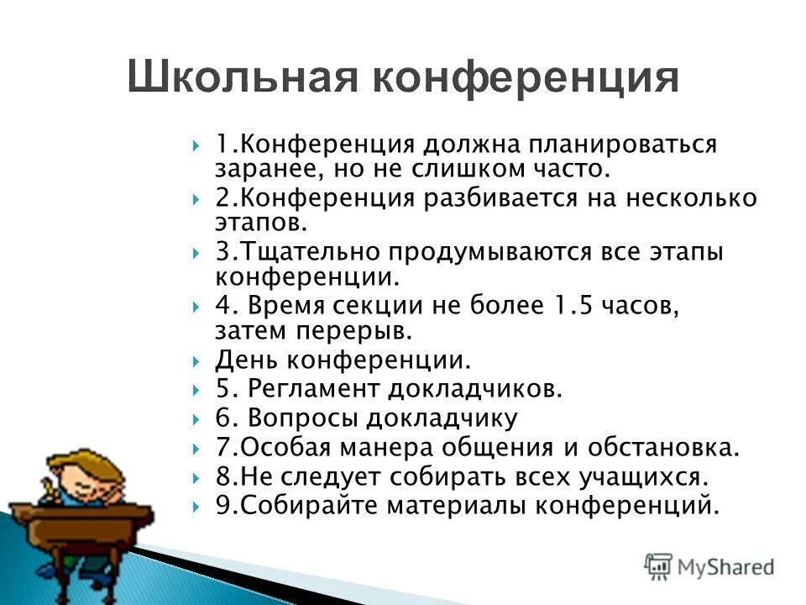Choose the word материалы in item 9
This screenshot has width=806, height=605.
(x=450, y=506)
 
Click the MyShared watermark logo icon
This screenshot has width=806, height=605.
(x=658, y=566)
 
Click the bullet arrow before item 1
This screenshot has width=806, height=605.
(x=196, y=145)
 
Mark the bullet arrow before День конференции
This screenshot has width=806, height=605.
(x=196, y=362)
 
